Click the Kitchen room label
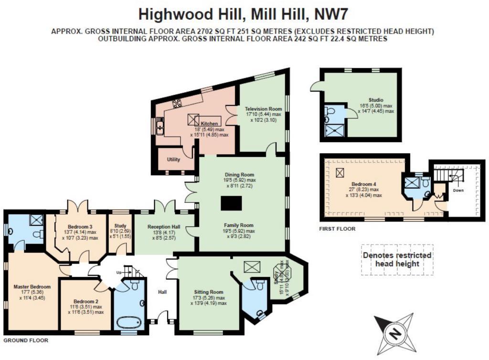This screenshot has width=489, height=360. pos(209,123)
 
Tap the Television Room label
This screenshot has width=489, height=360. pos(264,108)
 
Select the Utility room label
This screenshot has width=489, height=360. pos(173,159)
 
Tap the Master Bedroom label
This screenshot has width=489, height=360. pos(32,286)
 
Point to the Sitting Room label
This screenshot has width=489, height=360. pos(209,292)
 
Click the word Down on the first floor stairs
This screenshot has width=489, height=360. pos(458,190)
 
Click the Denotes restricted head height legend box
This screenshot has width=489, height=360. pos(397,259)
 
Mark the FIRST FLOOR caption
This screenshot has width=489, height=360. pos(337,229)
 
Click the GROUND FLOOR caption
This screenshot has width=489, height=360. pos(26,341)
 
